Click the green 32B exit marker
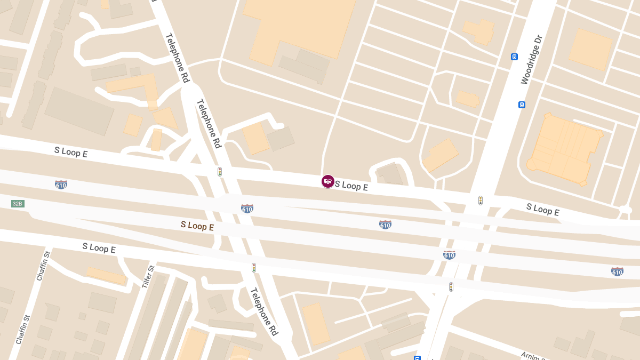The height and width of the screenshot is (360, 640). tap(18, 204)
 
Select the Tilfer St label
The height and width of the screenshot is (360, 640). tap(148, 277)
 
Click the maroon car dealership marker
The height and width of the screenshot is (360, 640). tap(328, 181)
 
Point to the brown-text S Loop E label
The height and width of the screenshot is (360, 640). tap(197, 226)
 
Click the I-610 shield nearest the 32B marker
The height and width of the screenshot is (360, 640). tap(61, 185)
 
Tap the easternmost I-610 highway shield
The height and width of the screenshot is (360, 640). tap(617, 271)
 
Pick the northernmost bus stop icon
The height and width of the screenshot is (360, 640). tap(514, 57)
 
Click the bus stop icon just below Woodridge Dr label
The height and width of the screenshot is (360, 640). tap(522, 105)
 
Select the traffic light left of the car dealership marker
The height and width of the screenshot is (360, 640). tap(219, 172)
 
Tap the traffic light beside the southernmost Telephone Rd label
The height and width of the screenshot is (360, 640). tap(254, 268)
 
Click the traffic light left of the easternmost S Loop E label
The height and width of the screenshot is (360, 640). tap(481, 201)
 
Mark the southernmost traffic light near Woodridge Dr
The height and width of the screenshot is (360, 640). tap(451, 287)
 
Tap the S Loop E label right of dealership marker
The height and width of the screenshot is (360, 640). tap(351, 186)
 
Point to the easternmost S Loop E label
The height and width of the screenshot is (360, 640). tap(542, 210)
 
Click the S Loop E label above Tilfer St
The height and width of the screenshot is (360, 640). tap(99, 247)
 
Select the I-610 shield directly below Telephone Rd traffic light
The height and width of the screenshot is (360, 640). tap(247, 209)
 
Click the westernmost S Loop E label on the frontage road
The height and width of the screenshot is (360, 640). tap(71, 152)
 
